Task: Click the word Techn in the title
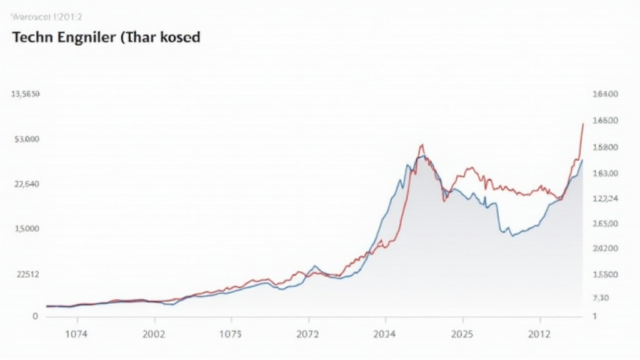(31, 37)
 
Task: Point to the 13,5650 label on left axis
(26, 94)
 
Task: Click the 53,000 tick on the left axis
(26, 139)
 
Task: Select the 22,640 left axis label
(26, 184)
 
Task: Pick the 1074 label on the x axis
(77, 334)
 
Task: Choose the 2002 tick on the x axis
(154, 334)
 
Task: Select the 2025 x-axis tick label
(462, 334)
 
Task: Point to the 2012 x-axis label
(539, 334)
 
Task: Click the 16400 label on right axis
(604, 94)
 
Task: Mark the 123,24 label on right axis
(604, 199)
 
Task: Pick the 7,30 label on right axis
(601, 298)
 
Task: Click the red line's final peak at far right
(582, 124)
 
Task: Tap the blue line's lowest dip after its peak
(512, 236)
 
